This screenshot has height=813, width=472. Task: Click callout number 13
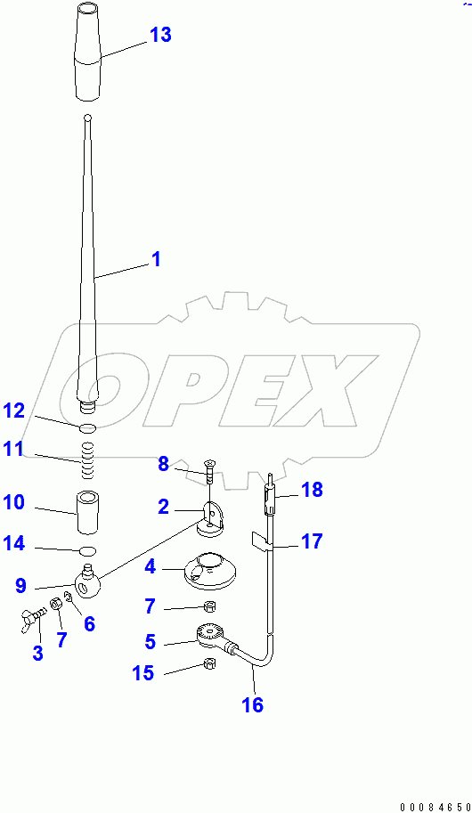(160, 36)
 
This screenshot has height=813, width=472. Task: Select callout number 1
(155, 260)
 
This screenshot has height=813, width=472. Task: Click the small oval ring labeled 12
(86, 429)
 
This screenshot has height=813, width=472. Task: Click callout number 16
(252, 704)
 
